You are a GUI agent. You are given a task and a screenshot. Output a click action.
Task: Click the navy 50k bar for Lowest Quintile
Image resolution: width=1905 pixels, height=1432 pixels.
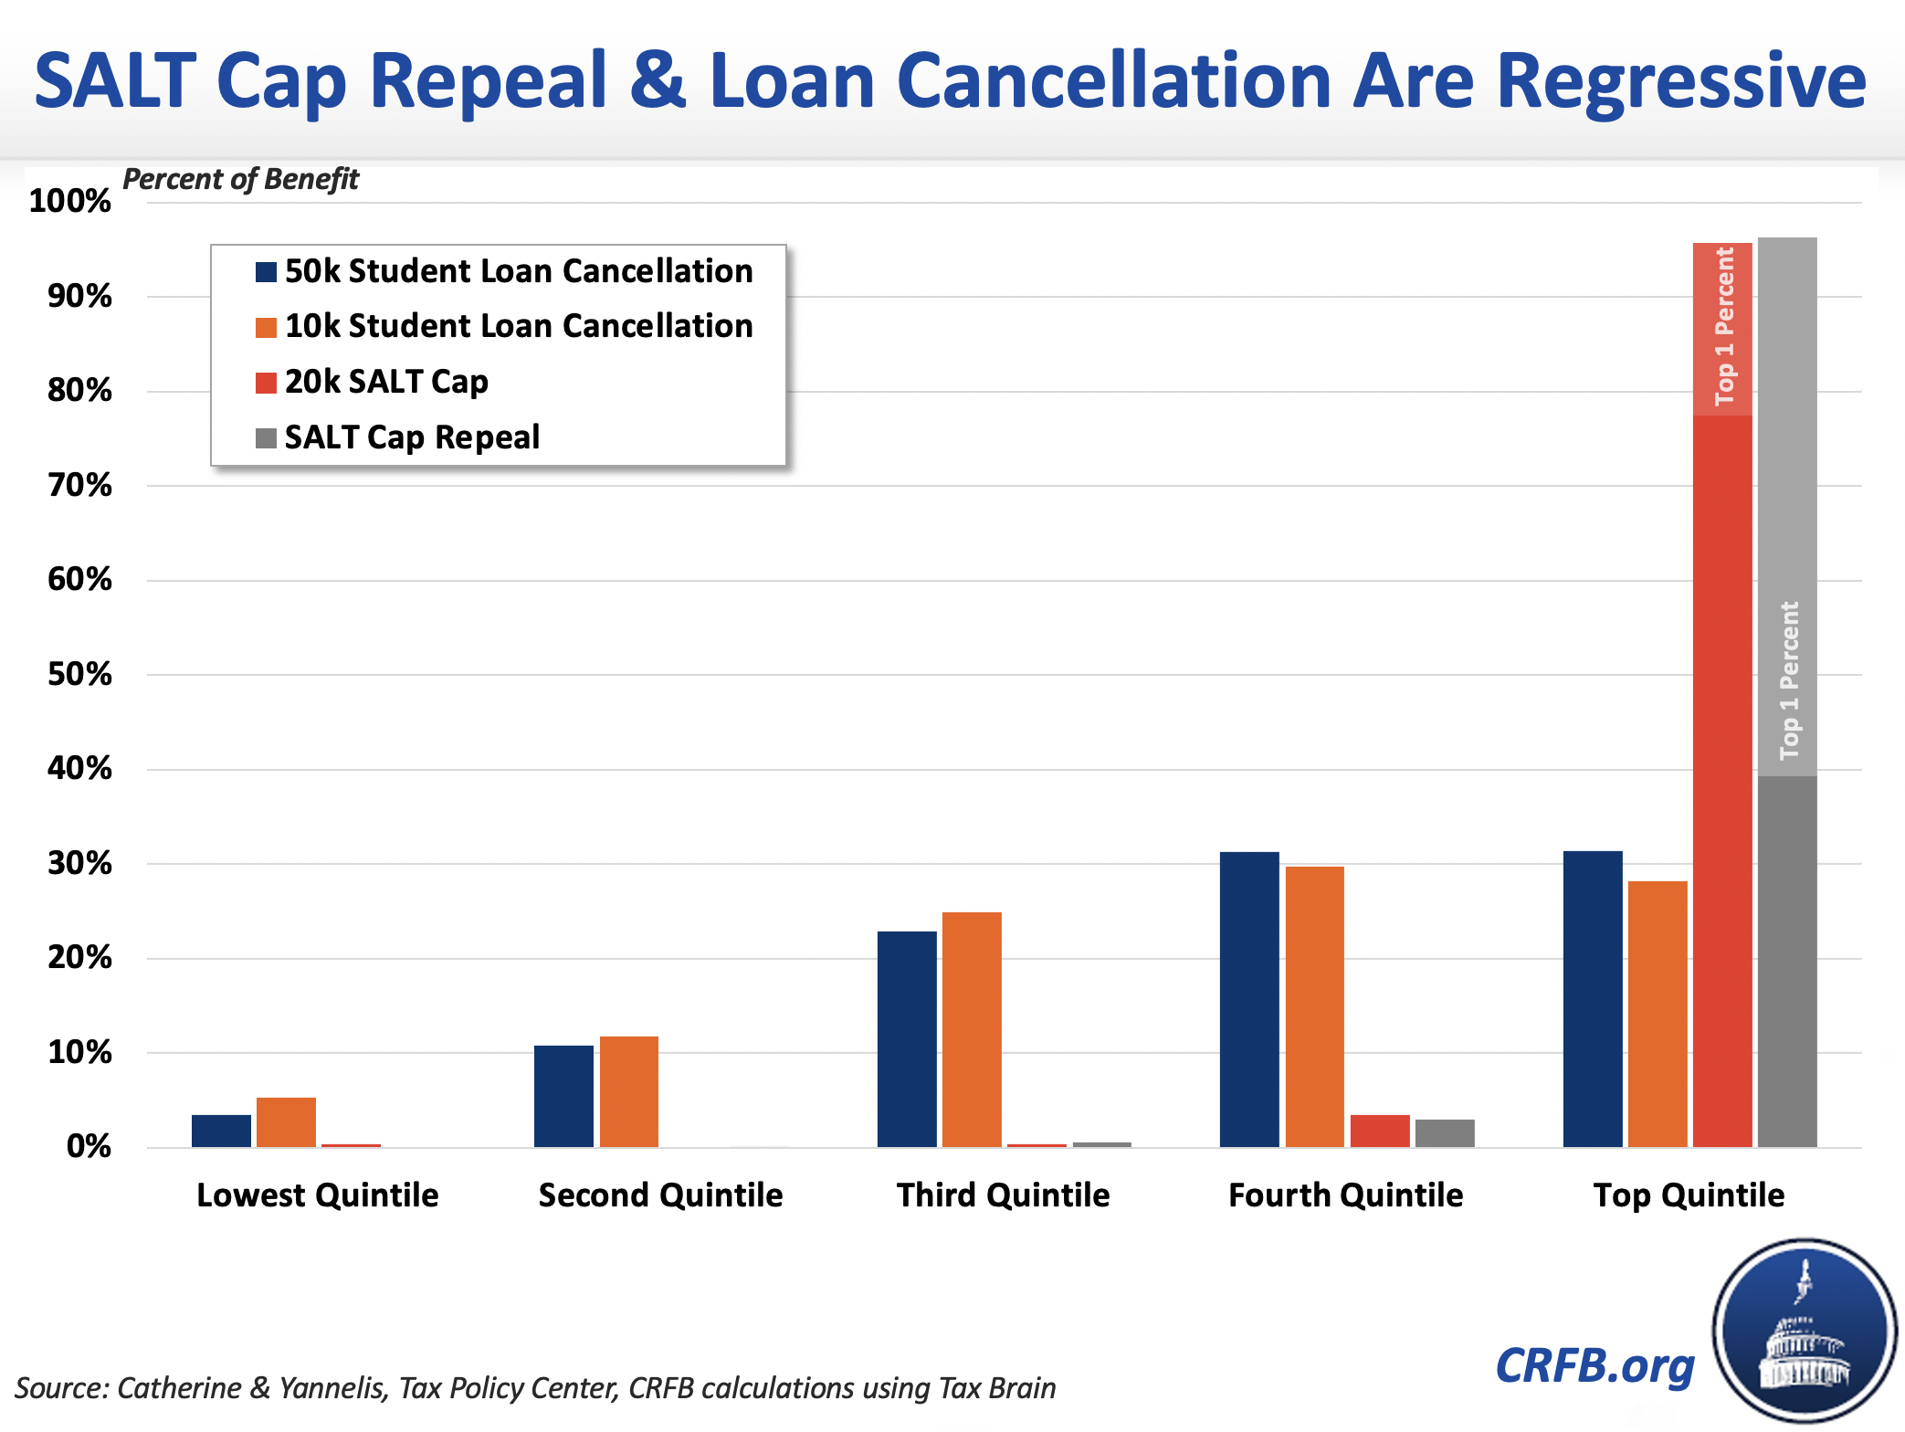point(221,1131)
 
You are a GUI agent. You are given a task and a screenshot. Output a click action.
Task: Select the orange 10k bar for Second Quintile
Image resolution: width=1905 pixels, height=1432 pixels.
point(629,1091)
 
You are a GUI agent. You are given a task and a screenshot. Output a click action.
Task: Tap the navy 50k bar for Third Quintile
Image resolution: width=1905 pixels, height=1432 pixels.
point(907,1038)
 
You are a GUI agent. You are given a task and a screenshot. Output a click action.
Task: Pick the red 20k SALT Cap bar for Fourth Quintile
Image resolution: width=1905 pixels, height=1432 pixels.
point(1380,1131)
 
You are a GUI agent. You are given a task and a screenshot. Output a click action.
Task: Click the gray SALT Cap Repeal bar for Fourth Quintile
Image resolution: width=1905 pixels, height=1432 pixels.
point(1445,1132)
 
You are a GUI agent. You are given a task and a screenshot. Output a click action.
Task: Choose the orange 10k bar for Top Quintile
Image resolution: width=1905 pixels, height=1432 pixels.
point(1658,1014)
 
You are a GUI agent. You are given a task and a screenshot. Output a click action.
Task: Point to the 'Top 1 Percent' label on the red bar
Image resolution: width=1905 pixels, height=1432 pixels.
point(1723,327)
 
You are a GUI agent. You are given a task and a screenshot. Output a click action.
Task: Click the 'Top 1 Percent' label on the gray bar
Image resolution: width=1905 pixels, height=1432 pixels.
point(1788,680)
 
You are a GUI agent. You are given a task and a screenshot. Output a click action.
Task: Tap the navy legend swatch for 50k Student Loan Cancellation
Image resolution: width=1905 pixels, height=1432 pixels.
point(266,272)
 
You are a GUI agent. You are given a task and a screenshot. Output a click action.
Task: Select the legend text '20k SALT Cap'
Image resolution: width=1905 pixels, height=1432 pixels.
point(386,382)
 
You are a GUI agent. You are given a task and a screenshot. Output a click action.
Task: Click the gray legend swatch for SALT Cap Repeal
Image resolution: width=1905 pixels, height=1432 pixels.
point(266,438)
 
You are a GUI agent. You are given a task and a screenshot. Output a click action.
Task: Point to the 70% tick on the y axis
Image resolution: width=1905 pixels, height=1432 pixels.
point(79,485)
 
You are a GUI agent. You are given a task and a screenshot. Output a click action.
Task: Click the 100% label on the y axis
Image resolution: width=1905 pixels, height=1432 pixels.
point(70,201)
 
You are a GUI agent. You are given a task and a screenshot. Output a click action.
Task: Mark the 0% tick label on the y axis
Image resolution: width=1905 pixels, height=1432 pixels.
point(89,1146)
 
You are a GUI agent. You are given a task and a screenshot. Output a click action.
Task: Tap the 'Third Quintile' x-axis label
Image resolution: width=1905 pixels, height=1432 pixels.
point(1003,1195)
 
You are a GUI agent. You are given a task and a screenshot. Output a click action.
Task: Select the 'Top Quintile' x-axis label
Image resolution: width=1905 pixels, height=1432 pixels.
point(1689,1195)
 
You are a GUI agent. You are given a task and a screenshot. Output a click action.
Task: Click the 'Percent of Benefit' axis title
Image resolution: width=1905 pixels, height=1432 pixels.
point(241,179)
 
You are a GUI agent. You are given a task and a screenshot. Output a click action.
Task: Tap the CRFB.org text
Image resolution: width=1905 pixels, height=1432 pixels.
point(1595,1366)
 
